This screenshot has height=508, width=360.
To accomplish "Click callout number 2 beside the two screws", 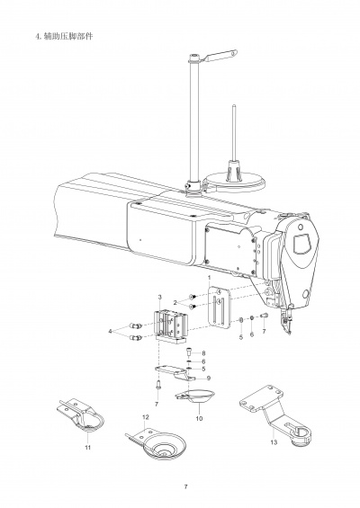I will coord(175,303).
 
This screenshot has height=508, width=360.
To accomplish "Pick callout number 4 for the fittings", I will coord(112,332).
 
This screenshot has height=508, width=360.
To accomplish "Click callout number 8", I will coord(203,352).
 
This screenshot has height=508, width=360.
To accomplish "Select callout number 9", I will coord(209,379).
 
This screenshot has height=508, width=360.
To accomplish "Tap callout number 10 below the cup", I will coord(199,418).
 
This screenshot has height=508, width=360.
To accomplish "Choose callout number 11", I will coord(87,446).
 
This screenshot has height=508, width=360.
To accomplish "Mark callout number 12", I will coord(145,418).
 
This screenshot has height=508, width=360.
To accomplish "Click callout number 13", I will coord(273,443).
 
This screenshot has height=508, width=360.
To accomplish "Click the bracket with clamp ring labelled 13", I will coord(274,414).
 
